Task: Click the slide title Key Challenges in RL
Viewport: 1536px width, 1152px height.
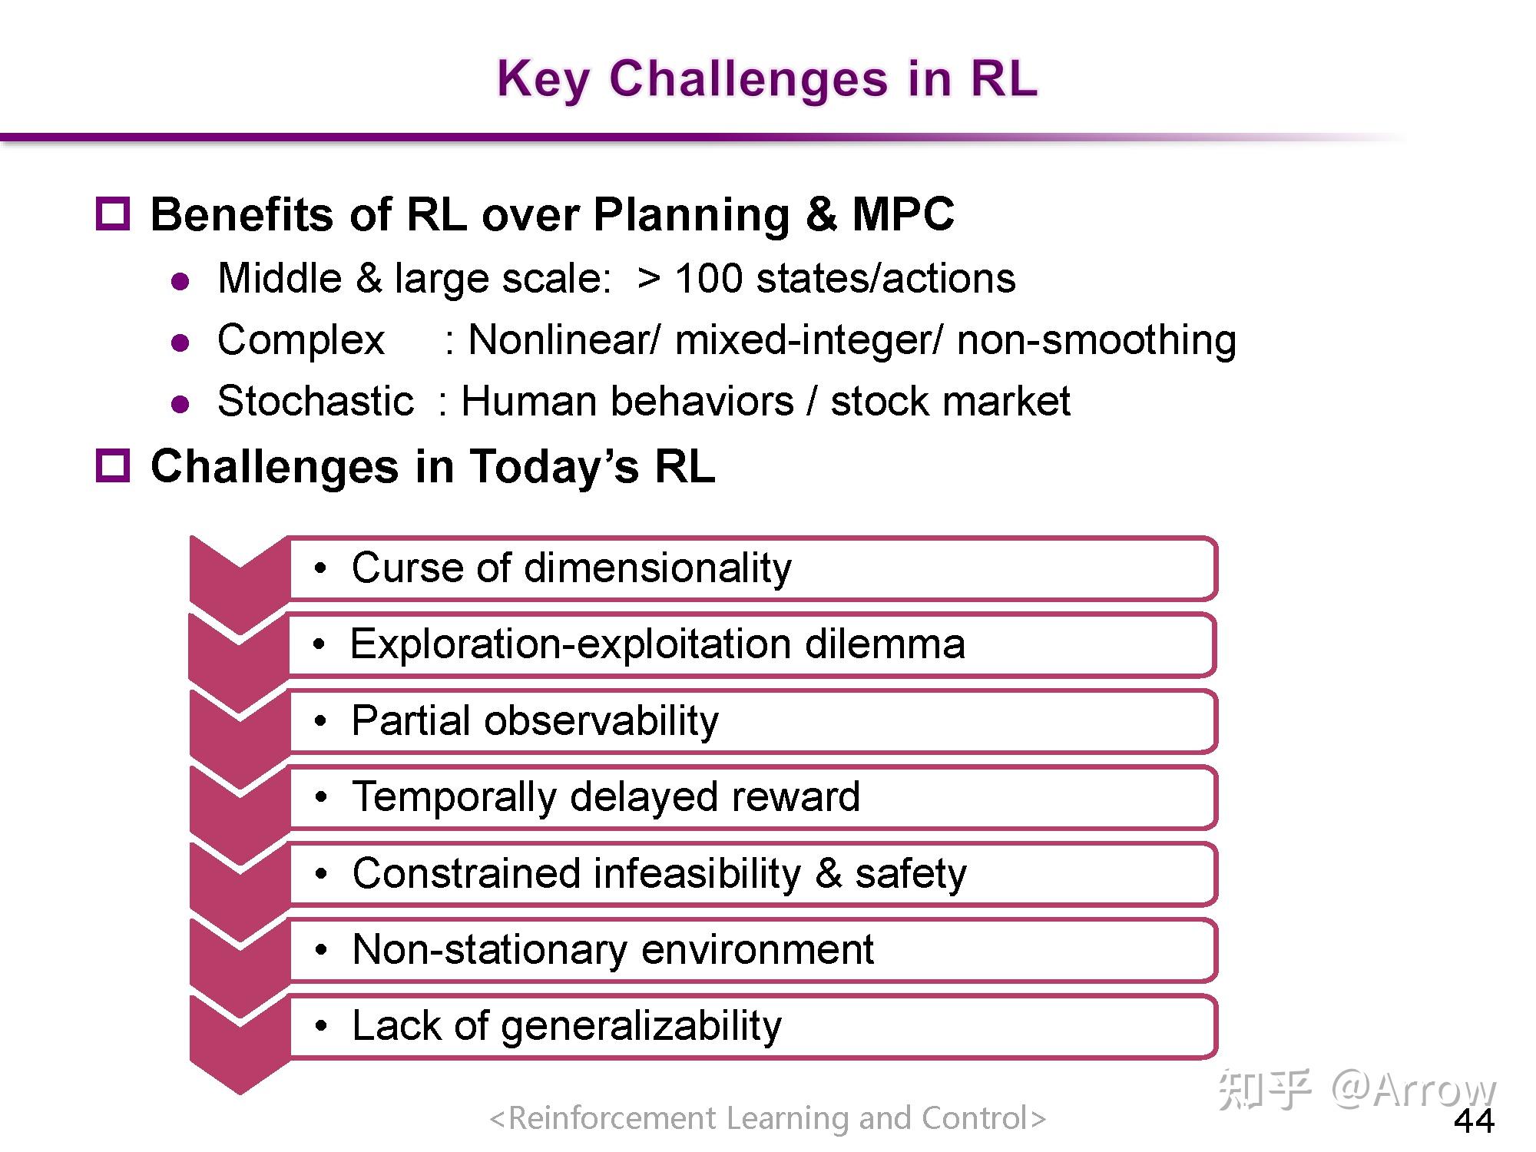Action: coord(766,78)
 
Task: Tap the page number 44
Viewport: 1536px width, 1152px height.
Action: coord(1474,1121)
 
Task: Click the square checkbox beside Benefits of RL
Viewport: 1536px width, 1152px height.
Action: coord(113,213)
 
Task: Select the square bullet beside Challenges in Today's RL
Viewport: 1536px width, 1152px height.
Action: coord(113,465)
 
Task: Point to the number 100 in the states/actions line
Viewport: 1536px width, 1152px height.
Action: coord(709,278)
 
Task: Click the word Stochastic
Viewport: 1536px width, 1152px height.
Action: coord(316,401)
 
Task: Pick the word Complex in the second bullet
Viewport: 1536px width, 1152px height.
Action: coord(300,339)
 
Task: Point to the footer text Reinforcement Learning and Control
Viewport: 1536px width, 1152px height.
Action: coord(767,1118)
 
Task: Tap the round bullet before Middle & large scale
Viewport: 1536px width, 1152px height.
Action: coord(181,281)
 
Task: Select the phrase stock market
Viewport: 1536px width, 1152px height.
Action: coord(950,401)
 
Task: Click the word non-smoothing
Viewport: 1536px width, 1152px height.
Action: coord(1096,339)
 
